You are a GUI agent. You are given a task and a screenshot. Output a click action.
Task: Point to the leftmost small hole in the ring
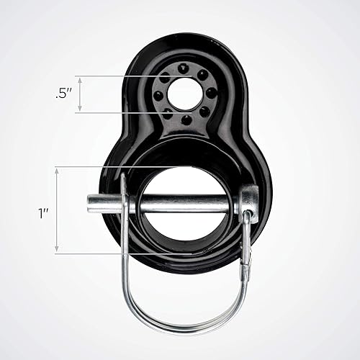(x=156, y=95)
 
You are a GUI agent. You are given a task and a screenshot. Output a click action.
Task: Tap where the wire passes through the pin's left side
(x=124, y=203)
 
